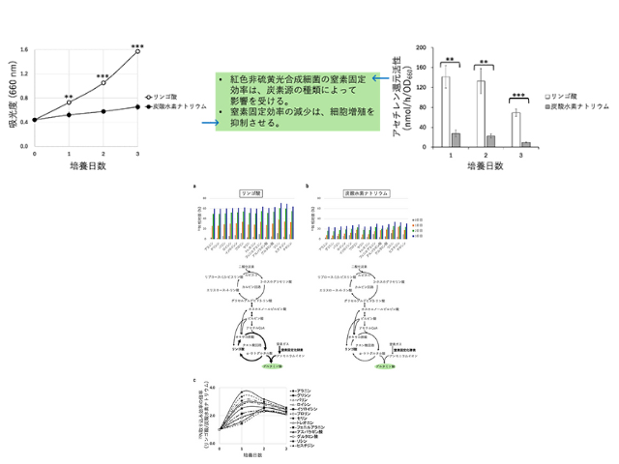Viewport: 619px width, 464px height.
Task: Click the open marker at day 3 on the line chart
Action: point(138,52)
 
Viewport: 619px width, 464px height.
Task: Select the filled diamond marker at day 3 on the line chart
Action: point(138,106)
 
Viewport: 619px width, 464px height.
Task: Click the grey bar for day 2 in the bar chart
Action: point(492,139)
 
